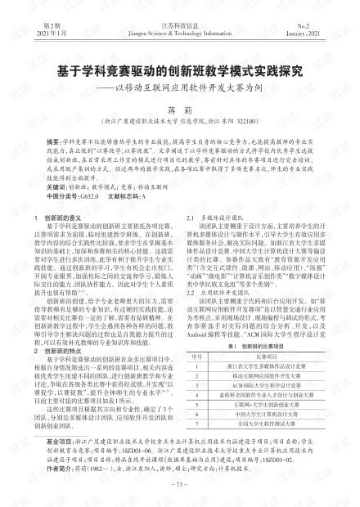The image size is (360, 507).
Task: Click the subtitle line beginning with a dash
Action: pyautogui.click(x=181, y=90)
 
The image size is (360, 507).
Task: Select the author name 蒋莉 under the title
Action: pyautogui.click(x=180, y=110)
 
